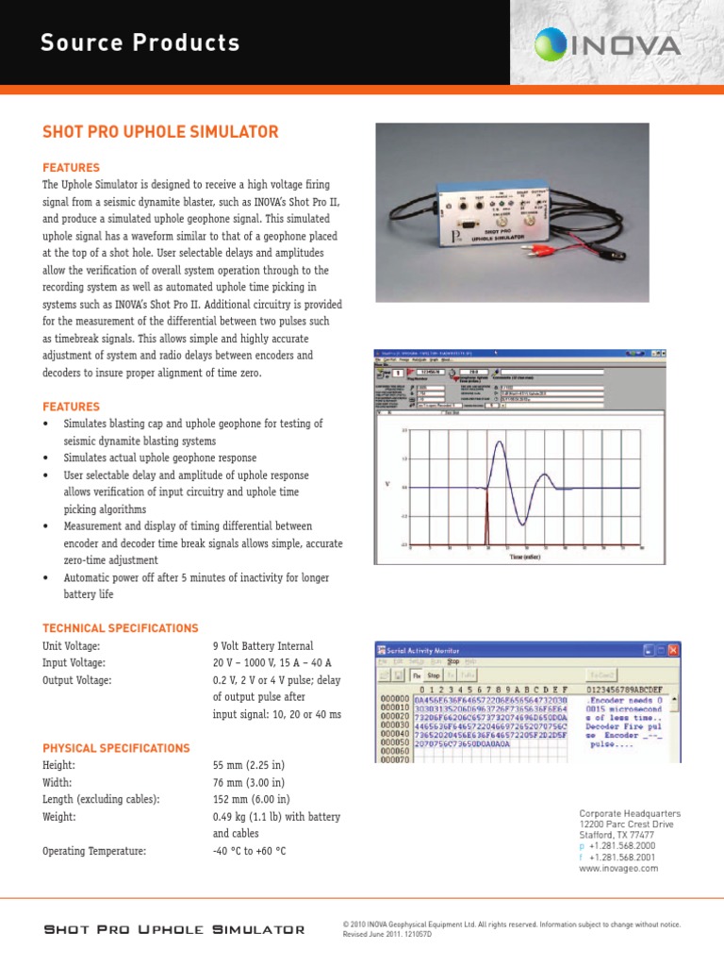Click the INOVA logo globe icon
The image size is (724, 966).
tap(555, 43)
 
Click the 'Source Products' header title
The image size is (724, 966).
tap(140, 43)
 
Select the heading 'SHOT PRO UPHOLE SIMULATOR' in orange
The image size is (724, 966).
tap(160, 132)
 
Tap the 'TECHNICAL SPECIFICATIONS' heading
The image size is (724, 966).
tap(121, 628)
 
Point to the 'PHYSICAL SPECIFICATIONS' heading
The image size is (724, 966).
tap(116, 748)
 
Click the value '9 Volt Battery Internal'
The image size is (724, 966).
tap(263, 646)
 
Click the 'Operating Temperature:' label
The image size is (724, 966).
tap(94, 851)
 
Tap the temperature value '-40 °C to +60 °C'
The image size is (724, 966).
tap(249, 851)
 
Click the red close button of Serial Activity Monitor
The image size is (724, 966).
tap(672, 650)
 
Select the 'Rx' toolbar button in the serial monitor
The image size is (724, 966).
tap(417, 675)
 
